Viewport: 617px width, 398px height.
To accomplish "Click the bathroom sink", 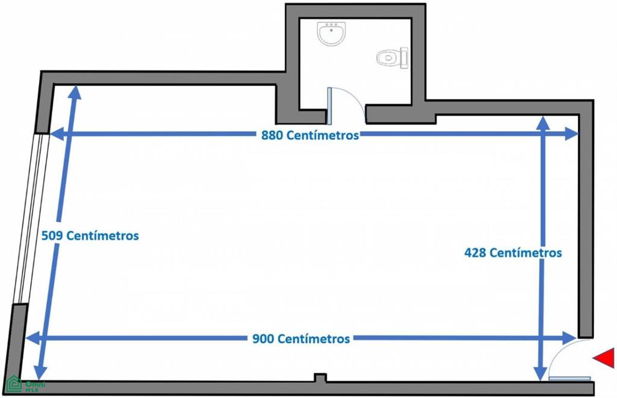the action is [331, 34].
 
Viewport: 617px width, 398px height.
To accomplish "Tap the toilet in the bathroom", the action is [392, 58].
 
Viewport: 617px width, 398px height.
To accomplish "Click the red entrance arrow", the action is [604, 358].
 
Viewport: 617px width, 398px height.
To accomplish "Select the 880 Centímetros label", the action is [310, 135].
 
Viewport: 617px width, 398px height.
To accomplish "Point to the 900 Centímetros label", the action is [301, 338].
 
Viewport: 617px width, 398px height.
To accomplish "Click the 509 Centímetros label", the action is [90, 235].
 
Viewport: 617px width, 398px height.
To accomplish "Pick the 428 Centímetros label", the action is [513, 252].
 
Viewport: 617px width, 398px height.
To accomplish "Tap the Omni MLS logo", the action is [26, 384].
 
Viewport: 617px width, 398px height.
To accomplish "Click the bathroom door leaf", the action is [330, 106].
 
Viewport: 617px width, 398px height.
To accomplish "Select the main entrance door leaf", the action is [569, 379].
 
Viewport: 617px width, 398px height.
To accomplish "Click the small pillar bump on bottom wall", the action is [321, 378].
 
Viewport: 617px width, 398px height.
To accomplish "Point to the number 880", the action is [272, 135].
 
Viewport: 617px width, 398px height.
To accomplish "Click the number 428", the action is [475, 252].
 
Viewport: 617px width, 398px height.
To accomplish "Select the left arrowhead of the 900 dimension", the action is [33, 338].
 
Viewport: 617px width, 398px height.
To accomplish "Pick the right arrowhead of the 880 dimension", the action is [571, 134].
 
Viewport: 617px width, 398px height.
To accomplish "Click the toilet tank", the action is [404, 58].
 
